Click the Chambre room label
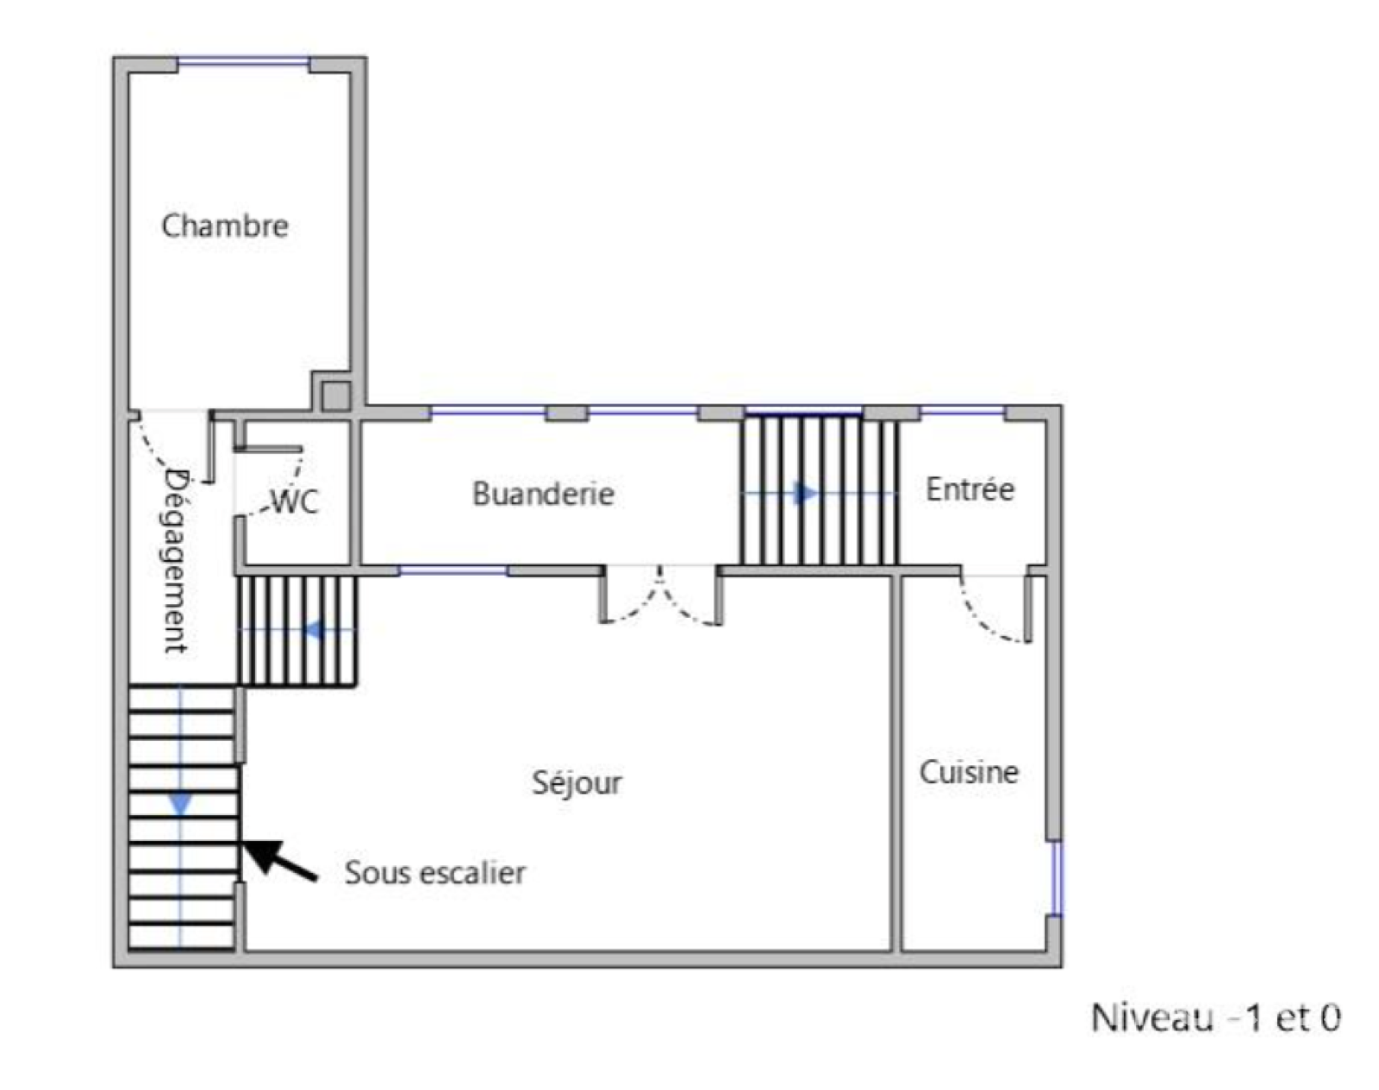[225, 226]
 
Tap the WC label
[295, 501]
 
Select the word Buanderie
[543, 494]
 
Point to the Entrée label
[970, 489]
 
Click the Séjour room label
[577, 782]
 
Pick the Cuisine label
[969, 772]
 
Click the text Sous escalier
[435, 873]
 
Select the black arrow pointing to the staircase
[281, 859]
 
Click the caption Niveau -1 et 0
[1215, 1017]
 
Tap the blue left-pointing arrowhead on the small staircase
[315, 631]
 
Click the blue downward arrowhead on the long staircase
[181, 804]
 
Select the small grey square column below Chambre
[336, 396]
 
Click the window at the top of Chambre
[244, 62]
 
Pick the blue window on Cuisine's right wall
[1056, 878]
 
